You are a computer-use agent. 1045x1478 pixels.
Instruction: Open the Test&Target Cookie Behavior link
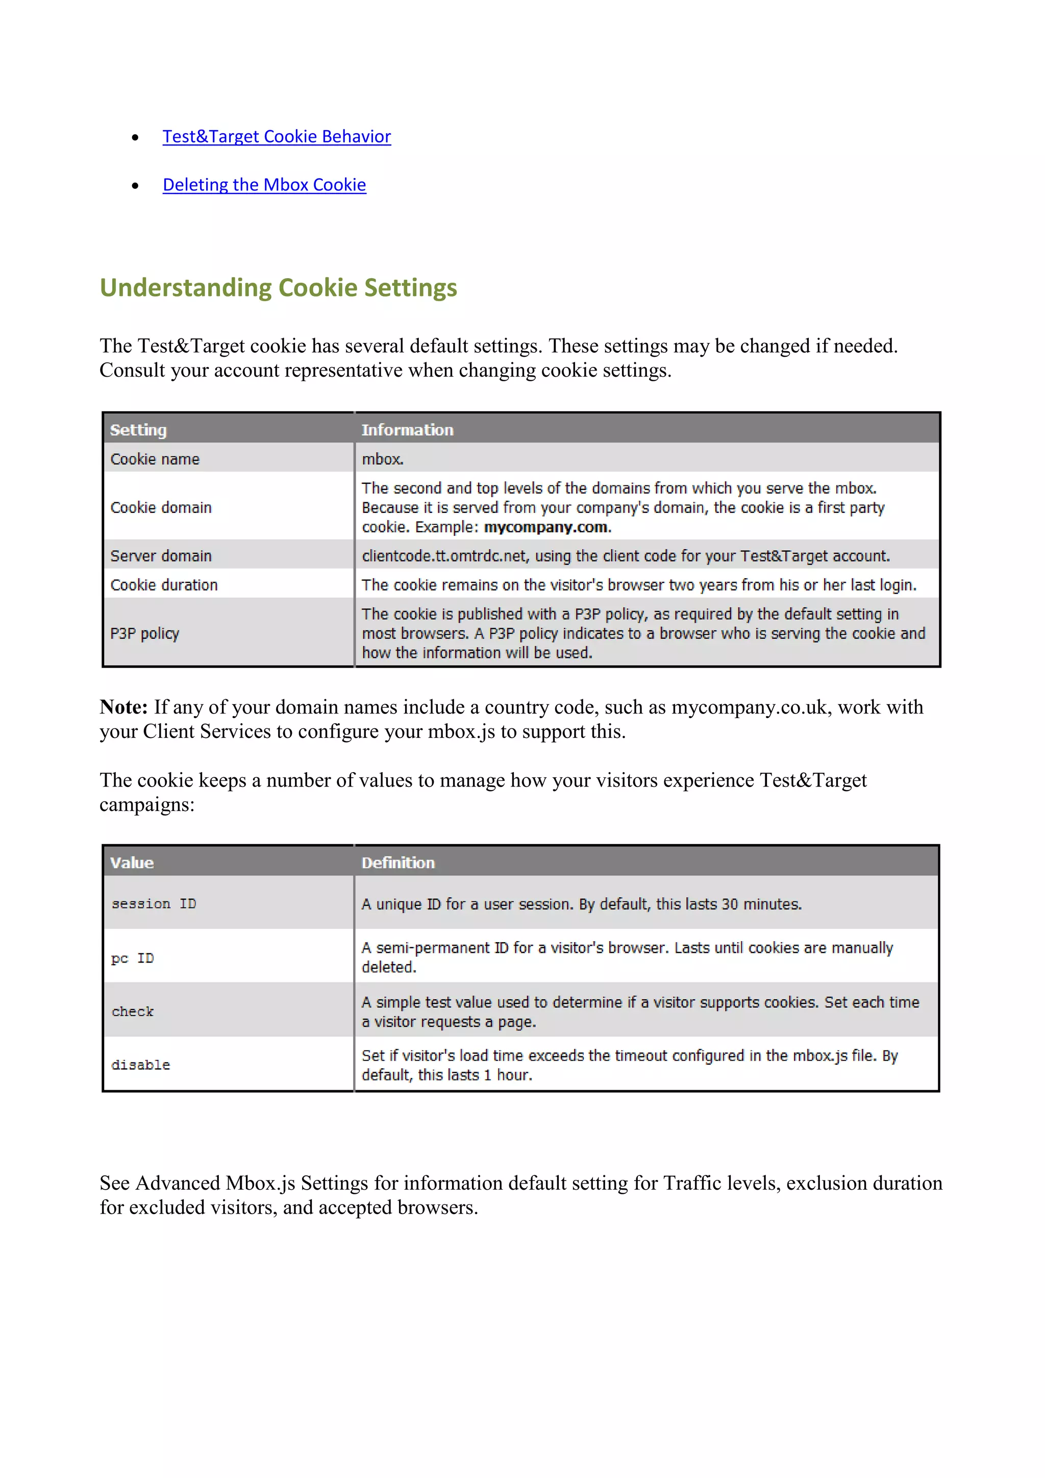pyautogui.click(x=276, y=136)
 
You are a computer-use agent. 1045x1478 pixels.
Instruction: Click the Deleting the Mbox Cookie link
pyautogui.click(x=264, y=185)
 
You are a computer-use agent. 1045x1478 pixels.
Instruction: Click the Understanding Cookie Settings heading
pyautogui.click(x=278, y=288)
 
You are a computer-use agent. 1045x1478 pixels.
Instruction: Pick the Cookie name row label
pyautogui.click(x=155, y=459)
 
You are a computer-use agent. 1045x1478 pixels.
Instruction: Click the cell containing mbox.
pyautogui.click(x=382, y=459)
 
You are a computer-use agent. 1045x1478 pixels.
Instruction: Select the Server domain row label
pyautogui.click(x=161, y=556)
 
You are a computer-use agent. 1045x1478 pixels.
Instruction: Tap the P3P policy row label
pyautogui.click(x=145, y=633)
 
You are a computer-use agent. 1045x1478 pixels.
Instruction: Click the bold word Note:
pyautogui.click(x=123, y=707)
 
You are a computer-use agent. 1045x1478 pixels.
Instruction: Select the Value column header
pyautogui.click(x=132, y=863)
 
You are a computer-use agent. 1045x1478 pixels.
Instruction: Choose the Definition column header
pyautogui.click(x=397, y=863)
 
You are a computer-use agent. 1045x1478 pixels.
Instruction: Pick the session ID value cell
pyautogui.click(x=154, y=904)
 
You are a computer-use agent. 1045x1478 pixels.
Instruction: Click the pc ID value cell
pyautogui.click(x=133, y=958)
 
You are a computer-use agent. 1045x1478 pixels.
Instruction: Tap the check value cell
pyautogui.click(x=133, y=1012)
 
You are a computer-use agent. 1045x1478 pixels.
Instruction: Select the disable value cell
pyautogui.click(x=140, y=1065)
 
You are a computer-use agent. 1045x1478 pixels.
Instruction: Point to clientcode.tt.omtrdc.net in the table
pyautogui.click(x=444, y=556)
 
